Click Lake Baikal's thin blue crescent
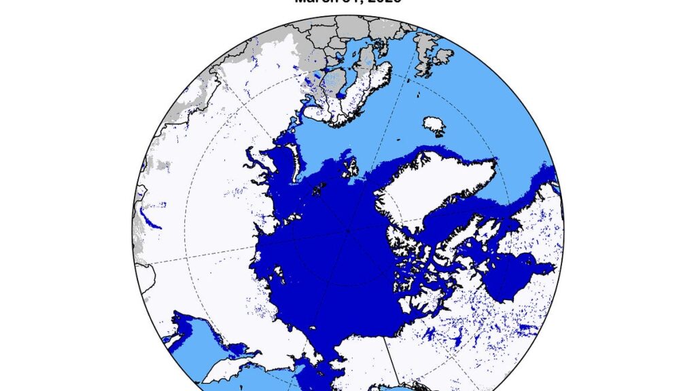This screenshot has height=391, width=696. click(150, 219)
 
